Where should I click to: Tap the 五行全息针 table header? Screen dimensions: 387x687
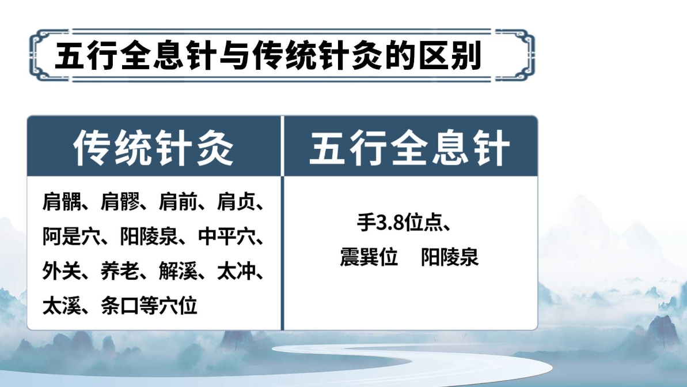pos(409,148)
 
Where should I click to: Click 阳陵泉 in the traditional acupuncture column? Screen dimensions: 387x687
pos(150,237)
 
